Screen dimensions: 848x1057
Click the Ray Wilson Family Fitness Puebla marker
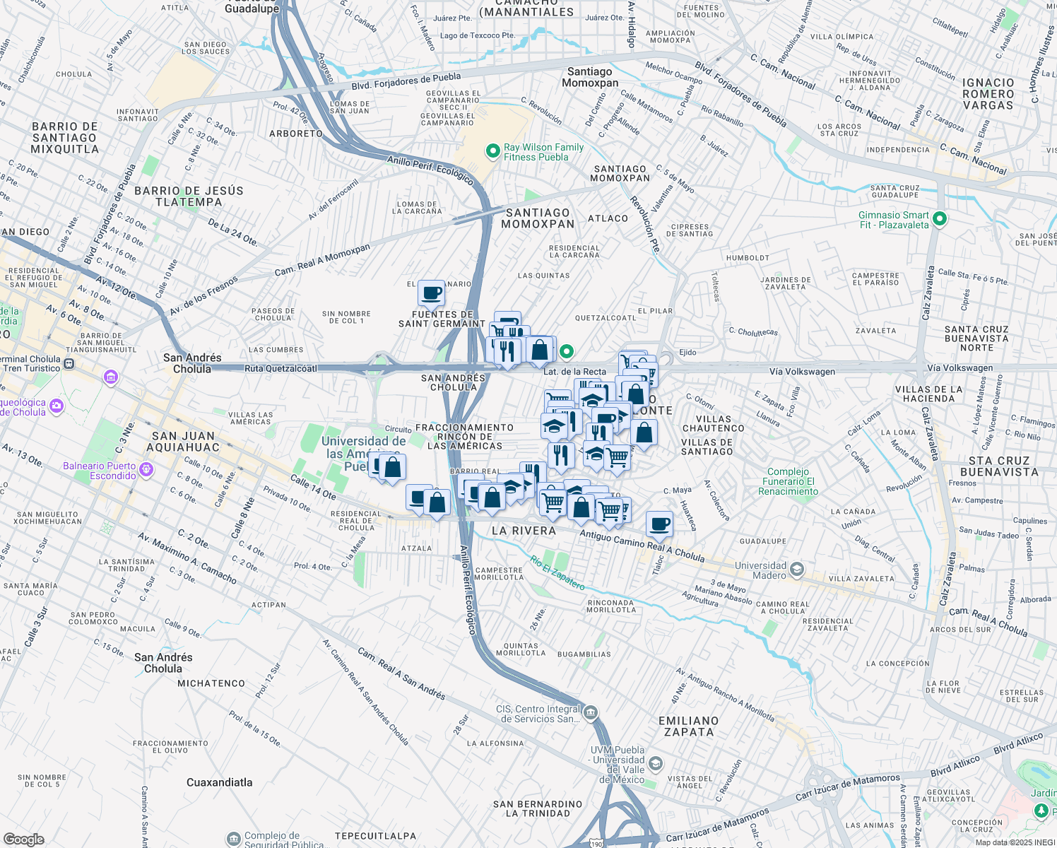(492, 151)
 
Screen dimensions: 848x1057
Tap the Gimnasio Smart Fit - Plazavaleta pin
(939, 219)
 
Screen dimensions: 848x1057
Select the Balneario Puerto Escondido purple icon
(146, 469)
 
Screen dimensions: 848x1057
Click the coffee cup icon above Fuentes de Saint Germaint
(431, 293)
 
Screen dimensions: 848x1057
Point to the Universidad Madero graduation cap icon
(797, 570)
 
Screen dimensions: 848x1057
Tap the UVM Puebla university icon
(655, 763)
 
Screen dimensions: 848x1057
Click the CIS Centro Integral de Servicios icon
(591, 712)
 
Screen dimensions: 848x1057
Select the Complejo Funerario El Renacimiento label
(788, 481)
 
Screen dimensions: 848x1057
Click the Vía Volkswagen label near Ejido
(802, 372)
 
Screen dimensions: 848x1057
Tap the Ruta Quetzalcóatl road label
(281, 368)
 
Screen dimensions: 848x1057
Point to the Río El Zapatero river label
(557, 572)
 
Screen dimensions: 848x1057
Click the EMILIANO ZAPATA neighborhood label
(688, 726)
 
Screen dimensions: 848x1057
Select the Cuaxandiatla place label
(219, 782)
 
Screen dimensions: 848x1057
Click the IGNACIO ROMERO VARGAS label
(988, 94)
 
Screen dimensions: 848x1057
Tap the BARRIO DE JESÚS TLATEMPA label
(189, 196)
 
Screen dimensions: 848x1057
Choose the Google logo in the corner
(23, 839)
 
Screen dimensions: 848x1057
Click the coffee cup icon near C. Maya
(659, 524)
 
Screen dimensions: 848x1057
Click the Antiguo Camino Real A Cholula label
(642, 546)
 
